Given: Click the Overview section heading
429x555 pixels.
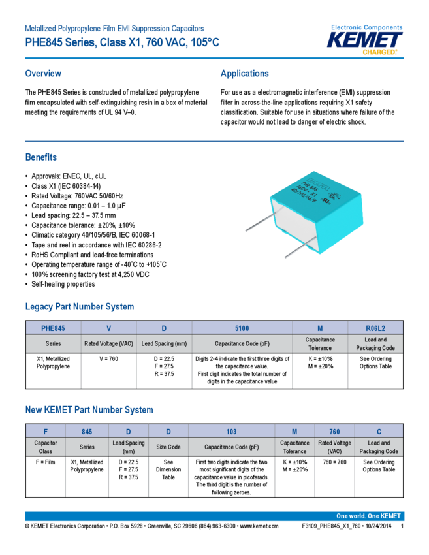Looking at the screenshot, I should point(43,73).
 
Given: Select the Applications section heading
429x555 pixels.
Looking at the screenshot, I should point(244,73).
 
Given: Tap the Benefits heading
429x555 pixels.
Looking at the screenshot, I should point(40,157).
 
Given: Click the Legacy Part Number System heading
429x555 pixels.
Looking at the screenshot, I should point(79,306).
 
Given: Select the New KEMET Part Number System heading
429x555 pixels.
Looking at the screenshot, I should point(89,409).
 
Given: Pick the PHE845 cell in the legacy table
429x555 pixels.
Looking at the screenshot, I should point(53,328).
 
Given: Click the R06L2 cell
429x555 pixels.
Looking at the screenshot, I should point(375,328).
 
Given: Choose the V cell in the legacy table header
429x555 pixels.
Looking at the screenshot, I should point(108,328).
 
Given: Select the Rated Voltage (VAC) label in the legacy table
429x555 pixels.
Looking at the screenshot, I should point(108,343).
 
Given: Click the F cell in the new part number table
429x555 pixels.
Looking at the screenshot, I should point(46,431).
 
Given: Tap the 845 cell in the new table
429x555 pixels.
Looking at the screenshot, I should point(87,431).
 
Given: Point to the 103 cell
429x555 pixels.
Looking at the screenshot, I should point(231,431).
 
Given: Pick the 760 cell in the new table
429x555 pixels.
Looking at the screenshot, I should point(334,431).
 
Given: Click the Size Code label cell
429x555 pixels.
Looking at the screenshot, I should point(168,447).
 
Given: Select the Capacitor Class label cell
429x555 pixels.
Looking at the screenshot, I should point(46,447).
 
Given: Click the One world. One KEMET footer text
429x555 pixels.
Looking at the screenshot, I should point(368,516).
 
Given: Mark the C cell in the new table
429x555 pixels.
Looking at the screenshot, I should point(379,431).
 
